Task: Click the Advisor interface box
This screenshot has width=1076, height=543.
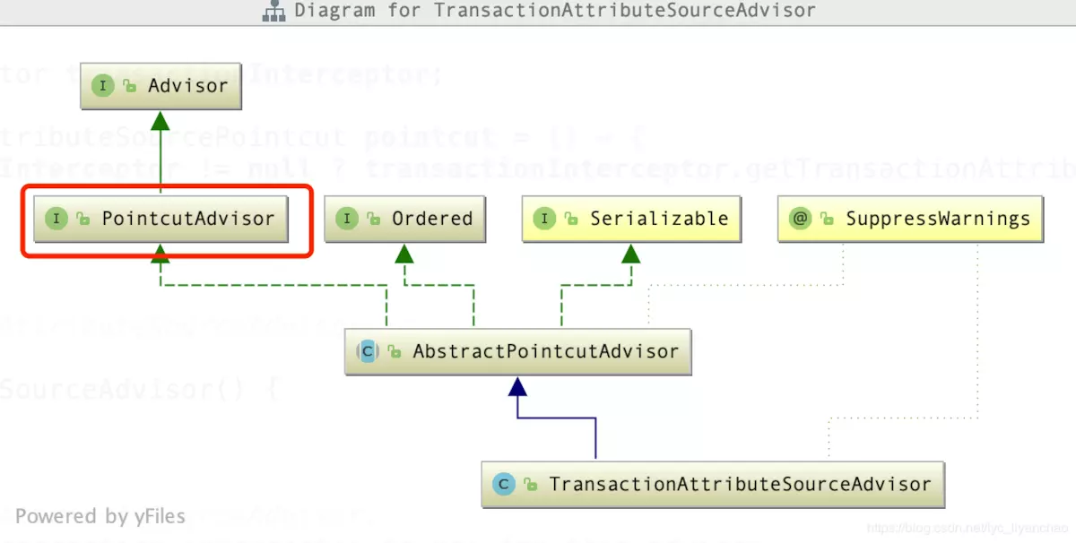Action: [161, 86]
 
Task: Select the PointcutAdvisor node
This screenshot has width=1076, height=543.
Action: [161, 219]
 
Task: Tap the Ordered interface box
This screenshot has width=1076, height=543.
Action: [404, 219]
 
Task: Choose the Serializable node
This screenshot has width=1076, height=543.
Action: [631, 219]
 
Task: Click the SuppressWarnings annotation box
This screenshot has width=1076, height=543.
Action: [910, 219]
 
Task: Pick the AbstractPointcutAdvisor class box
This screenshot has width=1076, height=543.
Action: [517, 351]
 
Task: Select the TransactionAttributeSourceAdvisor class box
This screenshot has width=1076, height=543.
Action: [713, 484]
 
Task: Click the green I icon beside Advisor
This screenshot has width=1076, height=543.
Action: [103, 86]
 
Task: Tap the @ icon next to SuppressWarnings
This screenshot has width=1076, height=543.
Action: [800, 219]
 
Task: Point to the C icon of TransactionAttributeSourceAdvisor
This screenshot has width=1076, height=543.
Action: [504, 484]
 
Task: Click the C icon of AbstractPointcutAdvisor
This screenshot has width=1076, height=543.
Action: [367, 351]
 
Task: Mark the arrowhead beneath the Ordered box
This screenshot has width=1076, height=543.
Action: [404, 253]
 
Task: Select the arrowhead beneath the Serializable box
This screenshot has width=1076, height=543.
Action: [631, 253]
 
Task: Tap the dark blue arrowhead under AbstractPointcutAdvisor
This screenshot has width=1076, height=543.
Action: [517, 386]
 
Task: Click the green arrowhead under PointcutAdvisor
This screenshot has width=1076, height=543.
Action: [161, 253]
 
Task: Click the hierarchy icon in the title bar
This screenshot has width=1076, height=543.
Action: [273, 12]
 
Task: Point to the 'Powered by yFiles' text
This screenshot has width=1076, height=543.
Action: [100, 516]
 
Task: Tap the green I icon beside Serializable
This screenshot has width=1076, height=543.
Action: [544, 219]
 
